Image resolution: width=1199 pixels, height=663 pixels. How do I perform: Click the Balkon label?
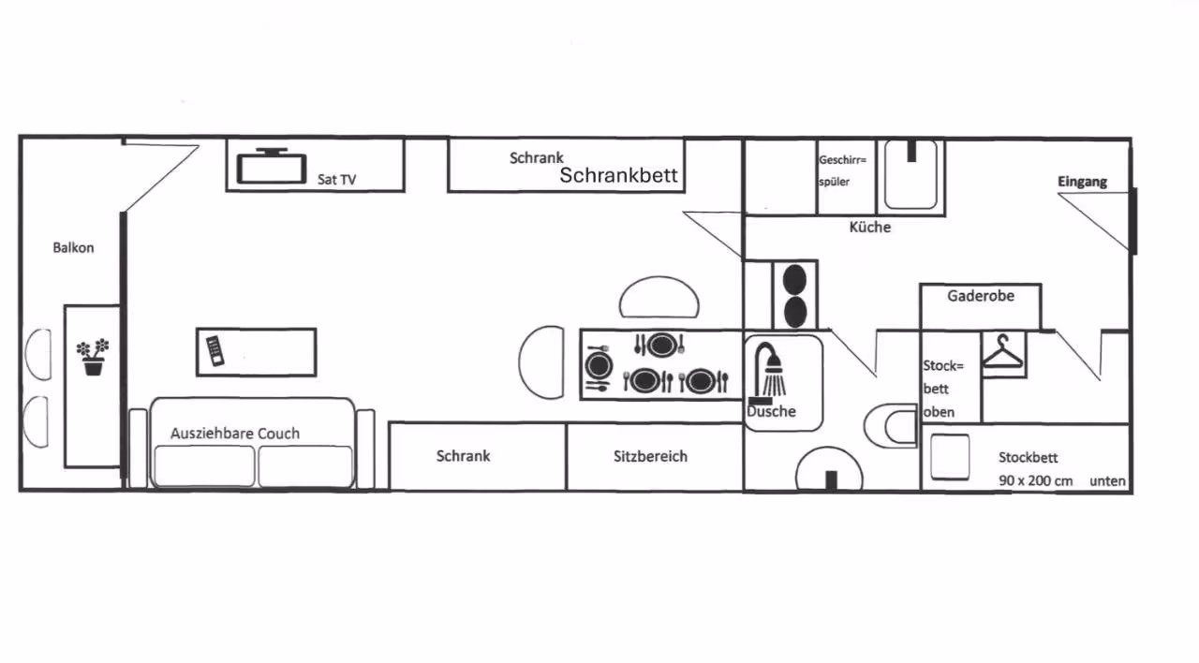(73, 248)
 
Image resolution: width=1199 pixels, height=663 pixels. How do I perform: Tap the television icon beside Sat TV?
(272, 167)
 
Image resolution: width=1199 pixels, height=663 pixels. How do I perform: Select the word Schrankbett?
(619, 175)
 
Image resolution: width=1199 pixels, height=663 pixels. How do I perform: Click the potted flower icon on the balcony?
(93, 357)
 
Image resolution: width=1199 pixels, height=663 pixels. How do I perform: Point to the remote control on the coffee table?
(215, 351)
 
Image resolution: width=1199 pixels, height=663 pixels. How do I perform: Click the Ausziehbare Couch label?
(235, 434)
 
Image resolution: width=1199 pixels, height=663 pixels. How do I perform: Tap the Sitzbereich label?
(650, 456)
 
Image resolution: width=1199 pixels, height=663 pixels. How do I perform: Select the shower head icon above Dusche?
(769, 371)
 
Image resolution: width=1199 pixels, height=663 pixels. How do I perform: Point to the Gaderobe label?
(981, 296)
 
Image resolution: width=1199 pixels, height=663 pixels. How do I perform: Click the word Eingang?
(1082, 182)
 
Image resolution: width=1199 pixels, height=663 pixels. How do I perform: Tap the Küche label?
(870, 227)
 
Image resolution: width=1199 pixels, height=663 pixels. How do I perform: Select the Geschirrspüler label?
(842, 170)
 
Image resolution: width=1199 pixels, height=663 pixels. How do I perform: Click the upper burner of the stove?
(795, 279)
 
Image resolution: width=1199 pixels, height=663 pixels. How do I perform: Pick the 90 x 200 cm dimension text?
(1036, 480)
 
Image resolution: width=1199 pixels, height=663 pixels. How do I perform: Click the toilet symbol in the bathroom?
(890, 426)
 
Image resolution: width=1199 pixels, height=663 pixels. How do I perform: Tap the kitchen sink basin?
(910, 174)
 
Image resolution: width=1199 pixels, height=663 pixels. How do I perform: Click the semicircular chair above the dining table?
(659, 297)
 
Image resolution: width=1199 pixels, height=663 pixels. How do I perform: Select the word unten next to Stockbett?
(1107, 481)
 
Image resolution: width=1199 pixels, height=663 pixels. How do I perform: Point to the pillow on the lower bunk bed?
(950, 457)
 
